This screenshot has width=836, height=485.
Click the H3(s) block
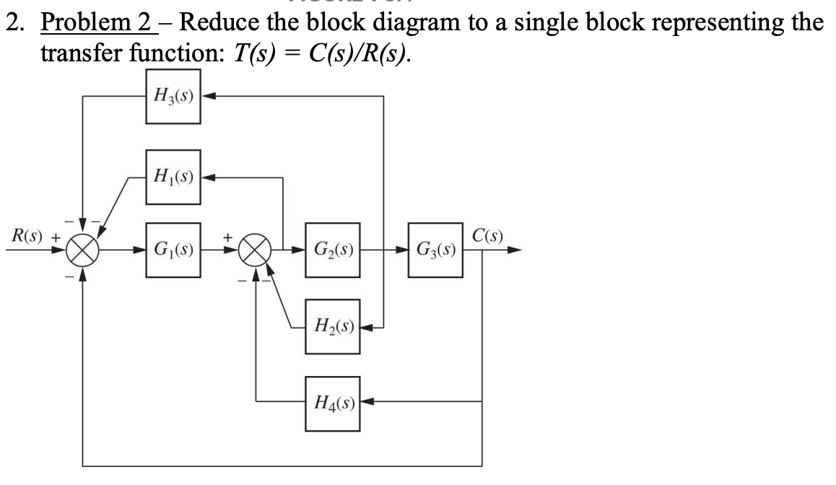coord(173,97)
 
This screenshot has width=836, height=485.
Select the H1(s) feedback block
coord(173,175)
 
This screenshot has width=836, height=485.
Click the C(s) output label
coord(489,235)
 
